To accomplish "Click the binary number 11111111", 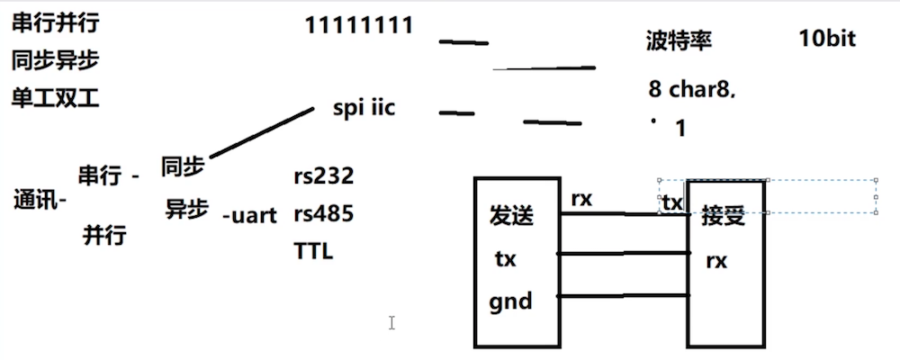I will [360, 24].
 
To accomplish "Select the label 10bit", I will [826, 39].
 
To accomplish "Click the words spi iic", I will [364, 109].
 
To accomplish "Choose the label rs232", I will [323, 175].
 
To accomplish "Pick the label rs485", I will [323, 214].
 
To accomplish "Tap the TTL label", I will [313, 251].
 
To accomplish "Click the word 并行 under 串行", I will [104, 236].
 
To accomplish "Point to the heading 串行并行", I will [55, 24].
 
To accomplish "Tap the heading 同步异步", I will [55, 60].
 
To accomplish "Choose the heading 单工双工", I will [55, 97].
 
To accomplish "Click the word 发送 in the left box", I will [511, 216].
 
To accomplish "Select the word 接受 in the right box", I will [724, 217].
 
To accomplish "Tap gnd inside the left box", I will [510, 300].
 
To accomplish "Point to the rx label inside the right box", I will [716, 261].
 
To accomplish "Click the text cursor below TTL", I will [391, 322].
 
